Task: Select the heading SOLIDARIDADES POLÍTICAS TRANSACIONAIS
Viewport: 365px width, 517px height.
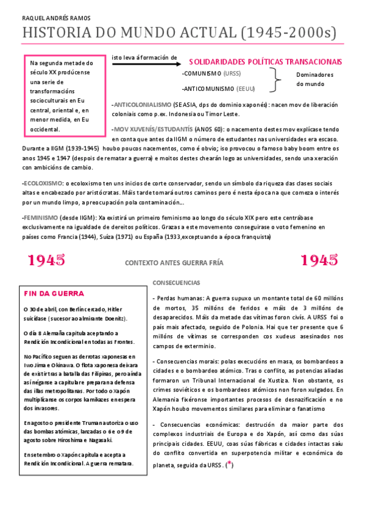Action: (x=265, y=62)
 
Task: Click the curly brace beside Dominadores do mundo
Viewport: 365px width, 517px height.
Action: (x=278, y=80)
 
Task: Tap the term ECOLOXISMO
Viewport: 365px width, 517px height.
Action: (x=42, y=183)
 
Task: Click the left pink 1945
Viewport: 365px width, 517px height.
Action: (x=47, y=260)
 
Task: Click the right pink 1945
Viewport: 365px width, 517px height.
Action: (x=319, y=260)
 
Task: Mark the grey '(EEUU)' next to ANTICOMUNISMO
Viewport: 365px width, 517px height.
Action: (x=247, y=88)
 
